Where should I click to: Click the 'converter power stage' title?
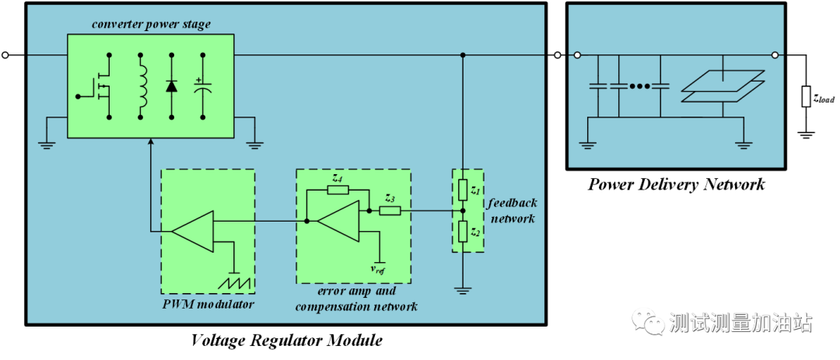[151, 24]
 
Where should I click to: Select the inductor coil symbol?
[142, 86]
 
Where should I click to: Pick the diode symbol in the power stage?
[172, 86]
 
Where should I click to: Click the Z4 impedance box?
[337, 189]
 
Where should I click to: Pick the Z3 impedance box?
[390, 210]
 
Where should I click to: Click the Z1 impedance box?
[463, 190]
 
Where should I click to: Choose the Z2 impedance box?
[463, 231]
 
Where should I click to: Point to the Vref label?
[378, 270]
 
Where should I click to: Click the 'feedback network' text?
[513, 211]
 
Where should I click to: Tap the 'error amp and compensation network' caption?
[356, 299]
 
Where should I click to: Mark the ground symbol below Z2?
[463, 291]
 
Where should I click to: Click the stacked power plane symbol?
[723, 86]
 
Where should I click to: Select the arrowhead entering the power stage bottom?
[150, 142]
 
